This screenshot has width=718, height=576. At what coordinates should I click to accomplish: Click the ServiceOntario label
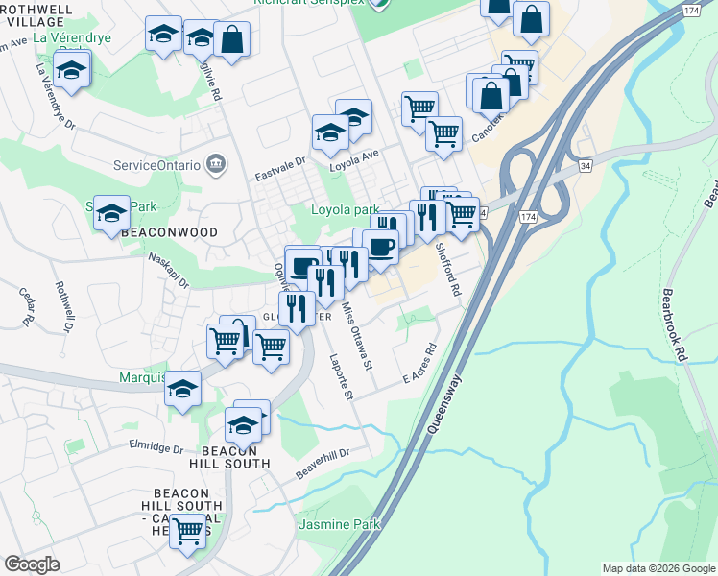(x=157, y=164)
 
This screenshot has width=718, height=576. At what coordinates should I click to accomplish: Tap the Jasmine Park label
(x=340, y=524)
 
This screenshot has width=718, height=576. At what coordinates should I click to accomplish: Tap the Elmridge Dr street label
(x=156, y=447)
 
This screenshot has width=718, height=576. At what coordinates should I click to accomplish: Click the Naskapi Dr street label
(x=170, y=272)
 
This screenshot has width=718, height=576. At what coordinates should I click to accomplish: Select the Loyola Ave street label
(x=355, y=156)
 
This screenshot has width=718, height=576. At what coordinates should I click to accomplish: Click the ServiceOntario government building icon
(x=217, y=163)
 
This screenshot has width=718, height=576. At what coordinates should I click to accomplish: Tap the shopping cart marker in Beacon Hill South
(x=187, y=530)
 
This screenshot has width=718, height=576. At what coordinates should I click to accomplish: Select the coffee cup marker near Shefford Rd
(x=381, y=247)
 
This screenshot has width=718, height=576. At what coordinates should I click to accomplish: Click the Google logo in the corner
(x=32, y=564)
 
